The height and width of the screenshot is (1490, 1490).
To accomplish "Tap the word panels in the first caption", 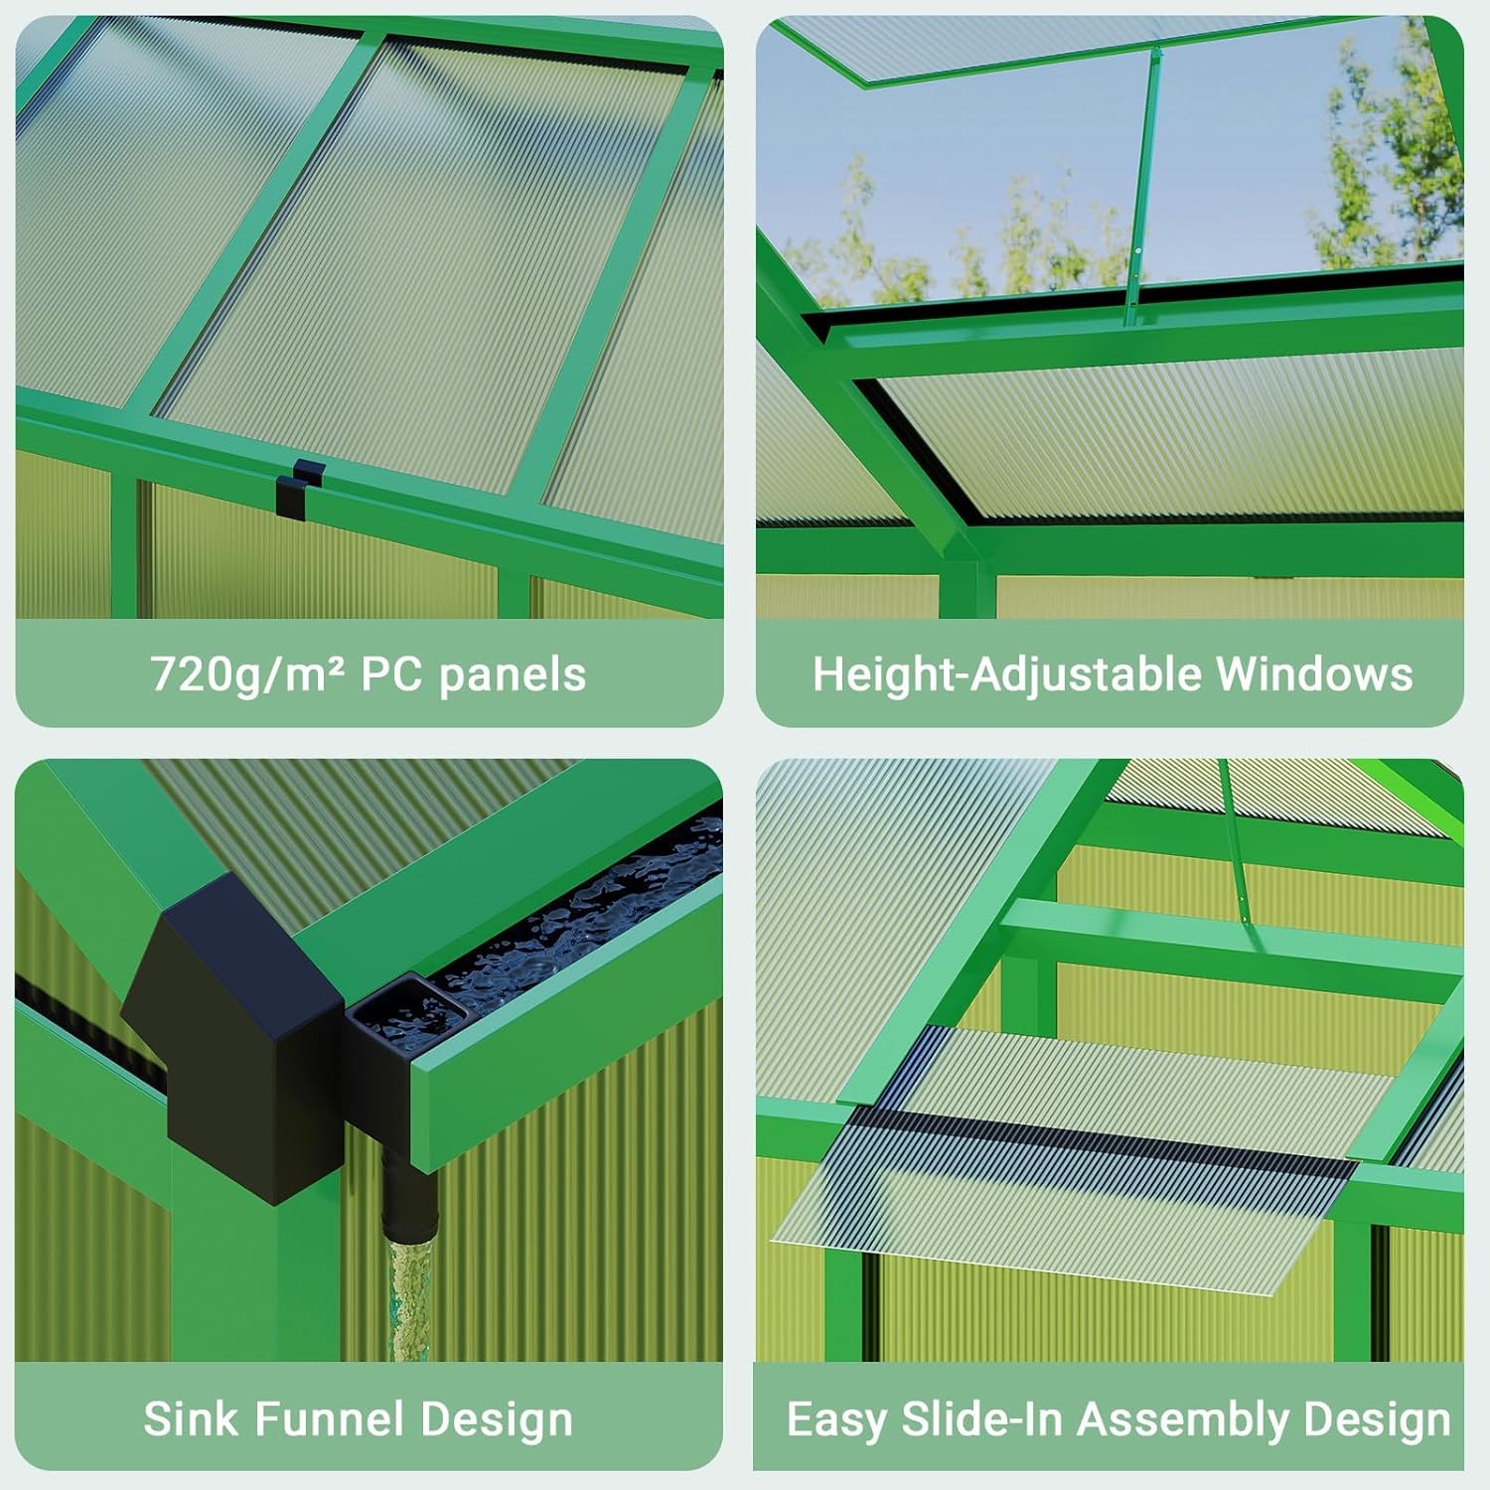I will [x=513, y=674].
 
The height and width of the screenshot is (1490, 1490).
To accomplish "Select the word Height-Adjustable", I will [x=1006, y=674].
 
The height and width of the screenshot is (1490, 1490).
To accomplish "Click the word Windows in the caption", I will [x=1313, y=674].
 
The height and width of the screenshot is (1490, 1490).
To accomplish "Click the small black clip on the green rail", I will [x=300, y=487].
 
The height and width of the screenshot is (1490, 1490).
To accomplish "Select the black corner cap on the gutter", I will [x=233, y=1033].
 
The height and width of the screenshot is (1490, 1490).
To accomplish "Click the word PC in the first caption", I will [x=390, y=674].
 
